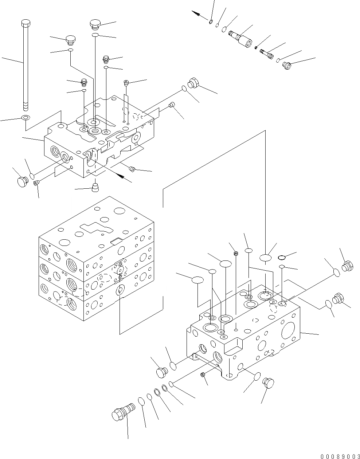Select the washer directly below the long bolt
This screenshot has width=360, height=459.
pos(26,118)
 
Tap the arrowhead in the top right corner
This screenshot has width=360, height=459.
pos(196,13)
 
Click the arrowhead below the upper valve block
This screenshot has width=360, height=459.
pos(121,176)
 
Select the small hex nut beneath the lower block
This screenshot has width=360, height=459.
pos(203,375)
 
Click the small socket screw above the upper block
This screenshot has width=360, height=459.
pos(126,83)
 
